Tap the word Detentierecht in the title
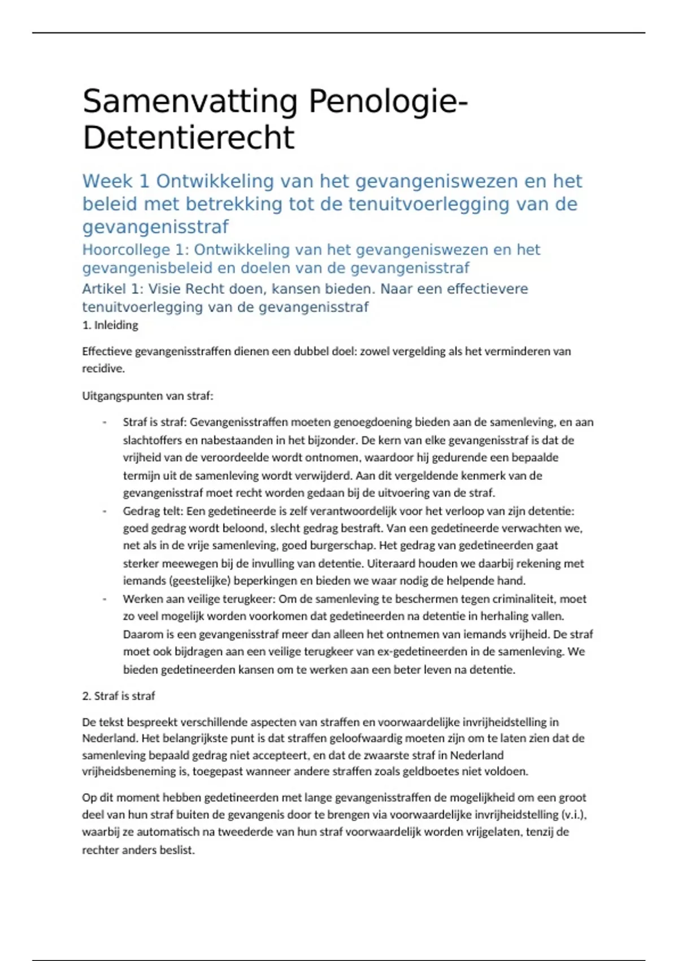[x=188, y=138]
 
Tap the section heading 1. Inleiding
[x=110, y=325]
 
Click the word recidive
[x=102, y=369]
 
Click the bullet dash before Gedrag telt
[x=105, y=511]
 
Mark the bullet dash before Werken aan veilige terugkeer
[x=105, y=599]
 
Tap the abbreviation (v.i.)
[x=575, y=815]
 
